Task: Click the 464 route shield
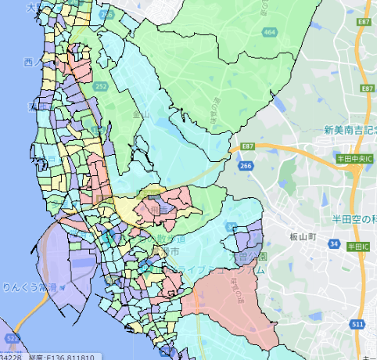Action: [270, 32]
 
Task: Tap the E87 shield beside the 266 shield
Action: [248, 146]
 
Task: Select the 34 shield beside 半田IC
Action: [335, 246]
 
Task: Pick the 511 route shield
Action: [357, 323]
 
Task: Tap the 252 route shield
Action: [101, 85]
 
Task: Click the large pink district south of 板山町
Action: [235, 309]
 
